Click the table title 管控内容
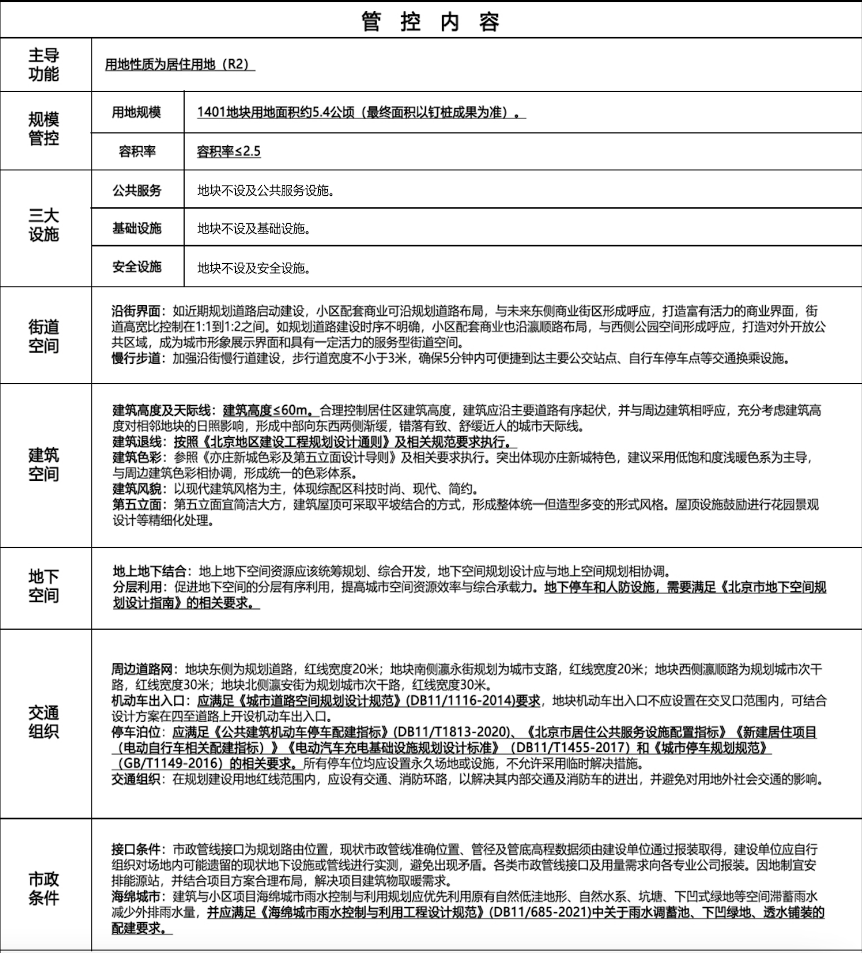[430, 22]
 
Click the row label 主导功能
[44, 64]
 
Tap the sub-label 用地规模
[136, 112]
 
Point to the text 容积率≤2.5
[229, 152]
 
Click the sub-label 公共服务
[137, 190]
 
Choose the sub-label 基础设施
[137, 229]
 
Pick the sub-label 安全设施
[137, 267]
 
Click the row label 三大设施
[44, 225]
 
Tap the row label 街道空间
[44, 336]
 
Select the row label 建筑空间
[44, 464]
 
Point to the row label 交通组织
[44, 722]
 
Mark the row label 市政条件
[44, 889]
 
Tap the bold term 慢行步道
[136, 358]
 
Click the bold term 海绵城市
[136, 897]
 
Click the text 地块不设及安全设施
[254, 268]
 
